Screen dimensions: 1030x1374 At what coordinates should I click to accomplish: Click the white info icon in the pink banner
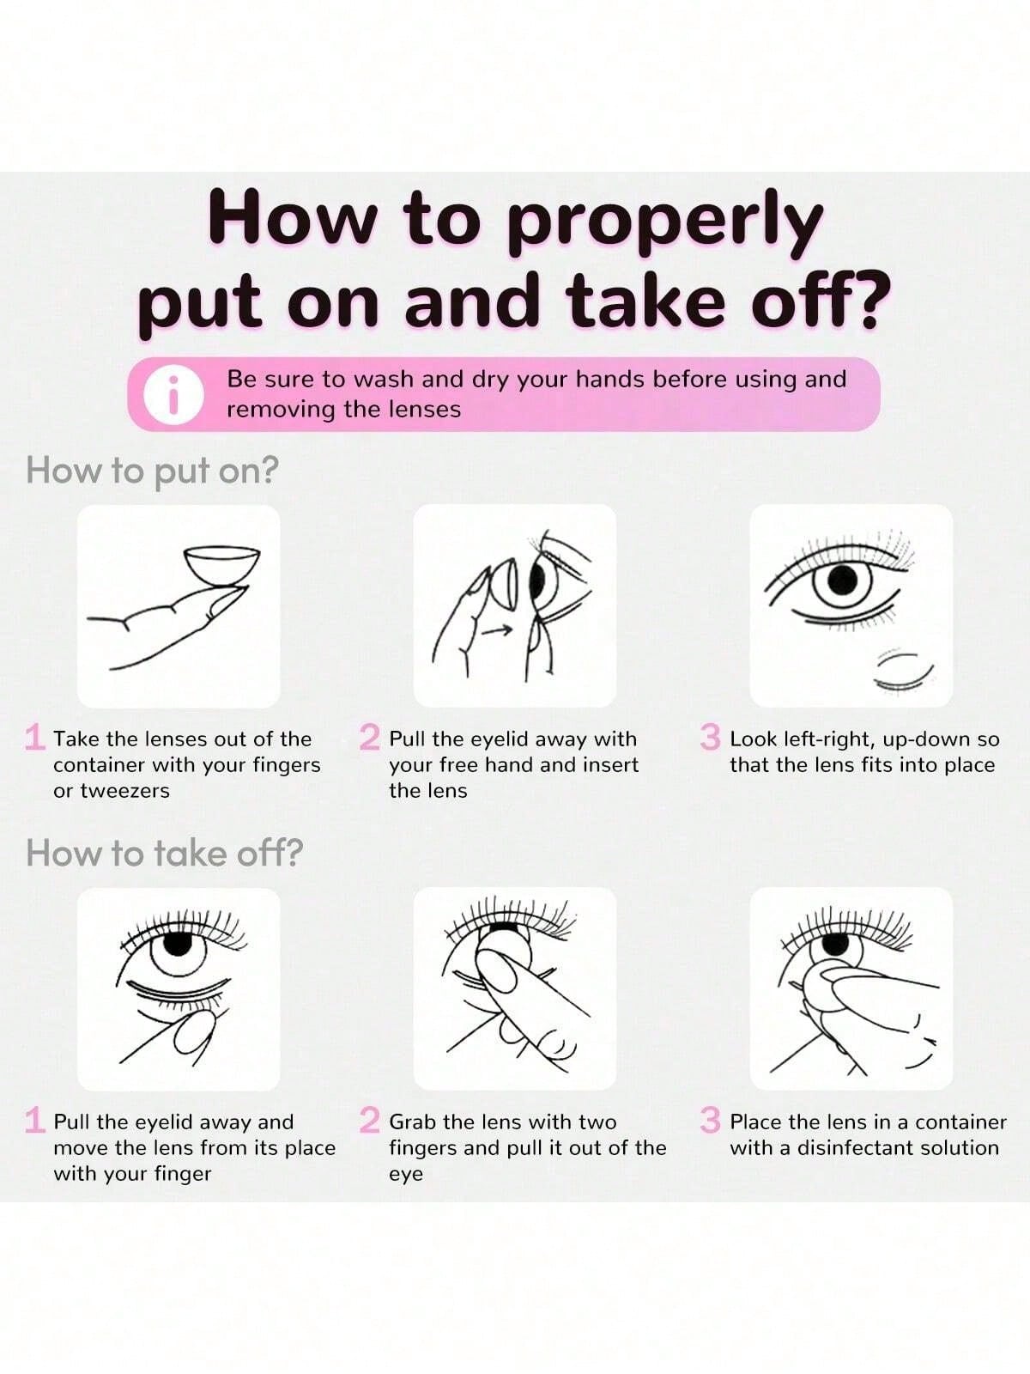[173, 393]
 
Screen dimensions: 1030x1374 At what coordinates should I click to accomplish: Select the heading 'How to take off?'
[165, 853]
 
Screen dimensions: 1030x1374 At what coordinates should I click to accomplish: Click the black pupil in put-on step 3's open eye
[842, 581]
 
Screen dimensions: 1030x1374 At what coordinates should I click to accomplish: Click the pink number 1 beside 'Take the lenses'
[35, 737]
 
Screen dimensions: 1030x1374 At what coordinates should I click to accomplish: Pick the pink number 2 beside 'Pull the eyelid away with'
[370, 737]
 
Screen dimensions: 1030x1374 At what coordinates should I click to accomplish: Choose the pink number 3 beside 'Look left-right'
[711, 737]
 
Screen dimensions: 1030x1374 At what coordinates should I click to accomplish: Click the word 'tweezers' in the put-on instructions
[125, 791]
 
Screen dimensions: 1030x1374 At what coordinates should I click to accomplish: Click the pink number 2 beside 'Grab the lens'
[370, 1120]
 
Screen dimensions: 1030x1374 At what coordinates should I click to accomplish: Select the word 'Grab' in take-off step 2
[412, 1122]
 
